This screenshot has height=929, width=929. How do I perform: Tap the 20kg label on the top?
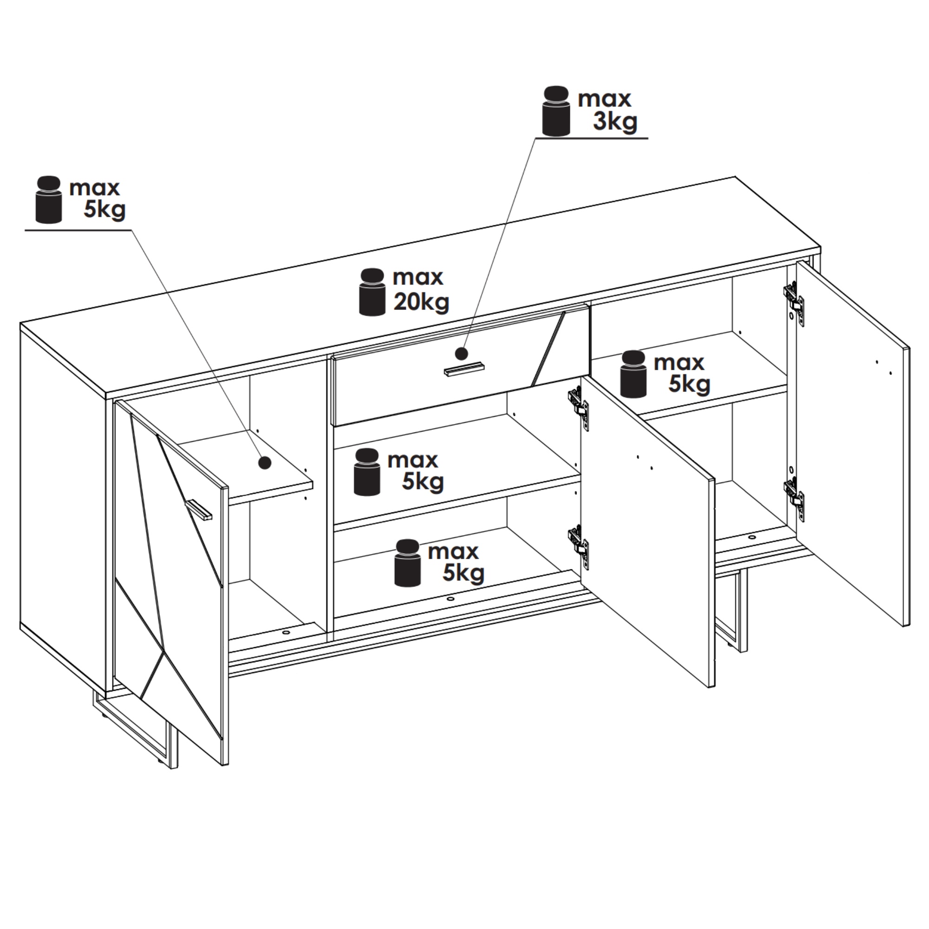click(x=421, y=302)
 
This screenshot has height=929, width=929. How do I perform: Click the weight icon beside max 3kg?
click(x=556, y=111)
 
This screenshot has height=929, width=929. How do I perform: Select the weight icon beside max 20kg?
click(x=372, y=292)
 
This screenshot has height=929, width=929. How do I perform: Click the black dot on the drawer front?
click(x=461, y=354)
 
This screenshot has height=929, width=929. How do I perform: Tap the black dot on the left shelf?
click(x=264, y=463)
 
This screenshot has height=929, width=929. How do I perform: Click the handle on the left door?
click(x=199, y=510)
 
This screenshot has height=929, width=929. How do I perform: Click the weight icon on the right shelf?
click(x=633, y=374)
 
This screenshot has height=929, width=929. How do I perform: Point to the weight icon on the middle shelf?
click(x=367, y=472)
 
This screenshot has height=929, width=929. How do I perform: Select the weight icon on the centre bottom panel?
click(x=407, y=563)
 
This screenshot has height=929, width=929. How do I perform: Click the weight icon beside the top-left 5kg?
click(x=49, y=200)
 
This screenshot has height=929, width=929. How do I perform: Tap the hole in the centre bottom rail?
click(x=450, y=599)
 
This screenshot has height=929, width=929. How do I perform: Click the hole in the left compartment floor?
click(x=286, y=632)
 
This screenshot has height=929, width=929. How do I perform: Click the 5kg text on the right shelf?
click(x=689, y=384)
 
